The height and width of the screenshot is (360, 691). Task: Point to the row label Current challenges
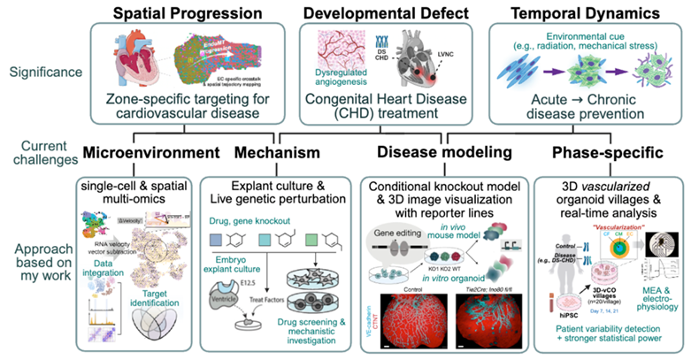(40, 152)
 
